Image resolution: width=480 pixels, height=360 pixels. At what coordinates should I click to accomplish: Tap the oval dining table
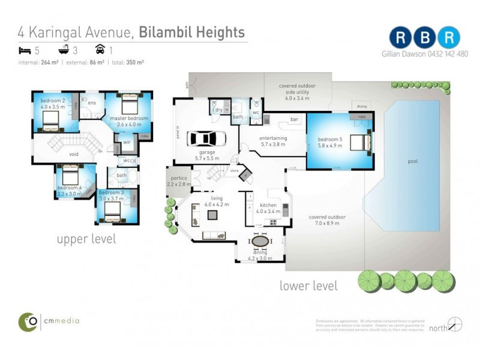pos(260,241)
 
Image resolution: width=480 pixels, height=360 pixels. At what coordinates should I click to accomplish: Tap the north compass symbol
pos(455,325)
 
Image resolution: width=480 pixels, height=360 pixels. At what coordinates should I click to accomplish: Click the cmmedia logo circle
pos(28,322)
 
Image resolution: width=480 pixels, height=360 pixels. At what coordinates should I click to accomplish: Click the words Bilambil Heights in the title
pos(191,31)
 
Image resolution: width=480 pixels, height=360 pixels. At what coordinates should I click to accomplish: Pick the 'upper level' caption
pos(86,239)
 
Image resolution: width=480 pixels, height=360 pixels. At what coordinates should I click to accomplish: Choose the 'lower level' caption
pos(308,286)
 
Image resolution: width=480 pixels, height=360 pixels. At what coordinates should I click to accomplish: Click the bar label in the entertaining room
pos(294,120)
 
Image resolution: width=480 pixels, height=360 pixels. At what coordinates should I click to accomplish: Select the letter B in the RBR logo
pos(425,37)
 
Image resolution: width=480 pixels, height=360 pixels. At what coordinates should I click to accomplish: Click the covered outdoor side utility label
pos(296,92)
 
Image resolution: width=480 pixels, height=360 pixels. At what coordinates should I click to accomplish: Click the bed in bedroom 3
pos(112,211)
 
